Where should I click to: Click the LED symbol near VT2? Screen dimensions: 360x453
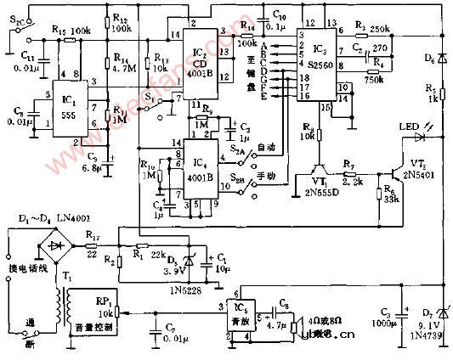coord(418,134)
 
